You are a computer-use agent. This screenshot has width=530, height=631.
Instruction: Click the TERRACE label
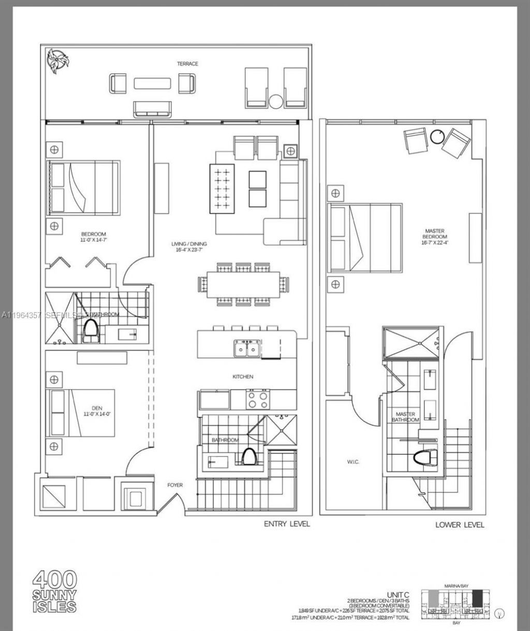pos(187,64)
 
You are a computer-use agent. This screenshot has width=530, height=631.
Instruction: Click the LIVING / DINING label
pos(189,247)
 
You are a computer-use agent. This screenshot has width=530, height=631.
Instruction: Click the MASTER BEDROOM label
pos(434,234)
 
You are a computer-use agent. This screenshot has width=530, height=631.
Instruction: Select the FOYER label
pos(175,485)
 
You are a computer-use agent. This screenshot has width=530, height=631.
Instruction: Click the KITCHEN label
pos(242,377)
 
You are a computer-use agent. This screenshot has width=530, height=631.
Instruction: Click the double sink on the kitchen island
pos(247,350)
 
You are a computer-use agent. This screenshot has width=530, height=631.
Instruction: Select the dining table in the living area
pos(241,285)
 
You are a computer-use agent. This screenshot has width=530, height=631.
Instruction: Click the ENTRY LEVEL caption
pos(287,524)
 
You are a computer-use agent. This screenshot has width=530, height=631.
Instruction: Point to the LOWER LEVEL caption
pos(460,525)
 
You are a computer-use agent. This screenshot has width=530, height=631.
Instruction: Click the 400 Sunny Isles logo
pos(55,592)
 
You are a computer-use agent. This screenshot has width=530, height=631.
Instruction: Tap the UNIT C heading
pos(398,594)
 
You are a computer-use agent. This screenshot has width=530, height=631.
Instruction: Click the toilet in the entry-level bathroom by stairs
pos(249,457)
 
